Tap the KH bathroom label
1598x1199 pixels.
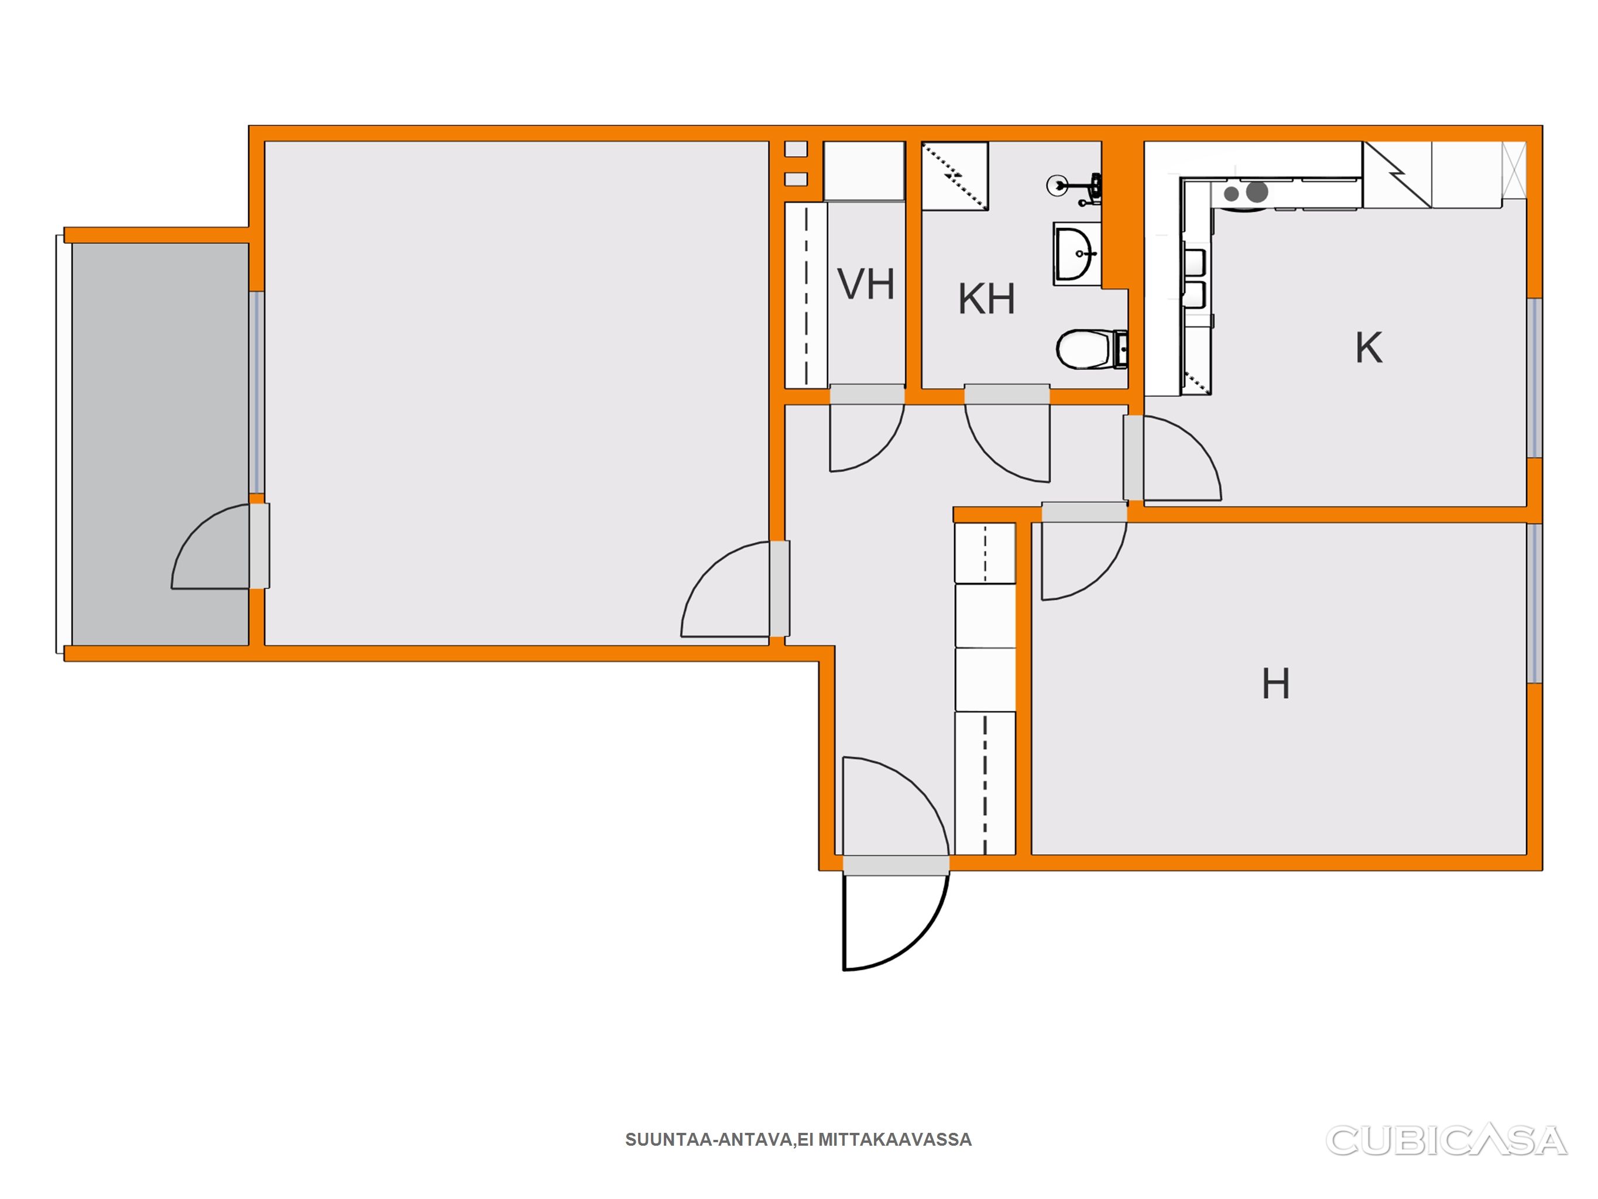986,299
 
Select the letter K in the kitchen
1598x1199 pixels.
1369,348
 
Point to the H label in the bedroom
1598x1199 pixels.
1276,683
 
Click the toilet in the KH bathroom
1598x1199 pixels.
1092,349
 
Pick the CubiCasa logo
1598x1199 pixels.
1446,1140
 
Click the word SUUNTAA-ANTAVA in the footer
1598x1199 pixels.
709,1140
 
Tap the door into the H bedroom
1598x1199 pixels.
1084,551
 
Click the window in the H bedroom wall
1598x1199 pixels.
1534,603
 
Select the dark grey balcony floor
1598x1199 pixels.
160,444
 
